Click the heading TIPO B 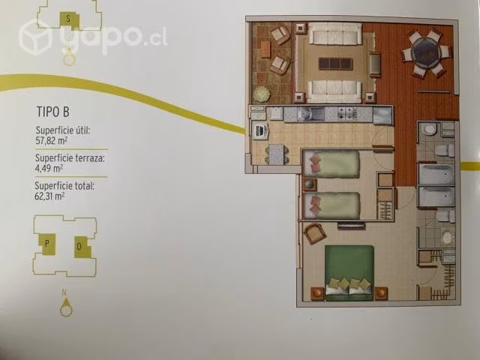pos(53,112)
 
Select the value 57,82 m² pos(52,140)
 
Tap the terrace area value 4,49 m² pos(49,168)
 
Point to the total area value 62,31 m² pos(49,196)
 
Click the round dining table pos(426,52)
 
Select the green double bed pos(349,272)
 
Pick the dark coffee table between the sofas pos(335,64)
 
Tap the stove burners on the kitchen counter pos(347,113)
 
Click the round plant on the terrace pos(262,93)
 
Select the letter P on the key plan pos(47,244)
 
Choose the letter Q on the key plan pos(79,247)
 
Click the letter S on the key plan pos(68,19)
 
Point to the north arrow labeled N pos(65,304)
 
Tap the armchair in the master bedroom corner pos(313,233)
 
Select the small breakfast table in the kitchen pos(277,154)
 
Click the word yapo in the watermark pos(102,37)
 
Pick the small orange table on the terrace pos(266,49)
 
